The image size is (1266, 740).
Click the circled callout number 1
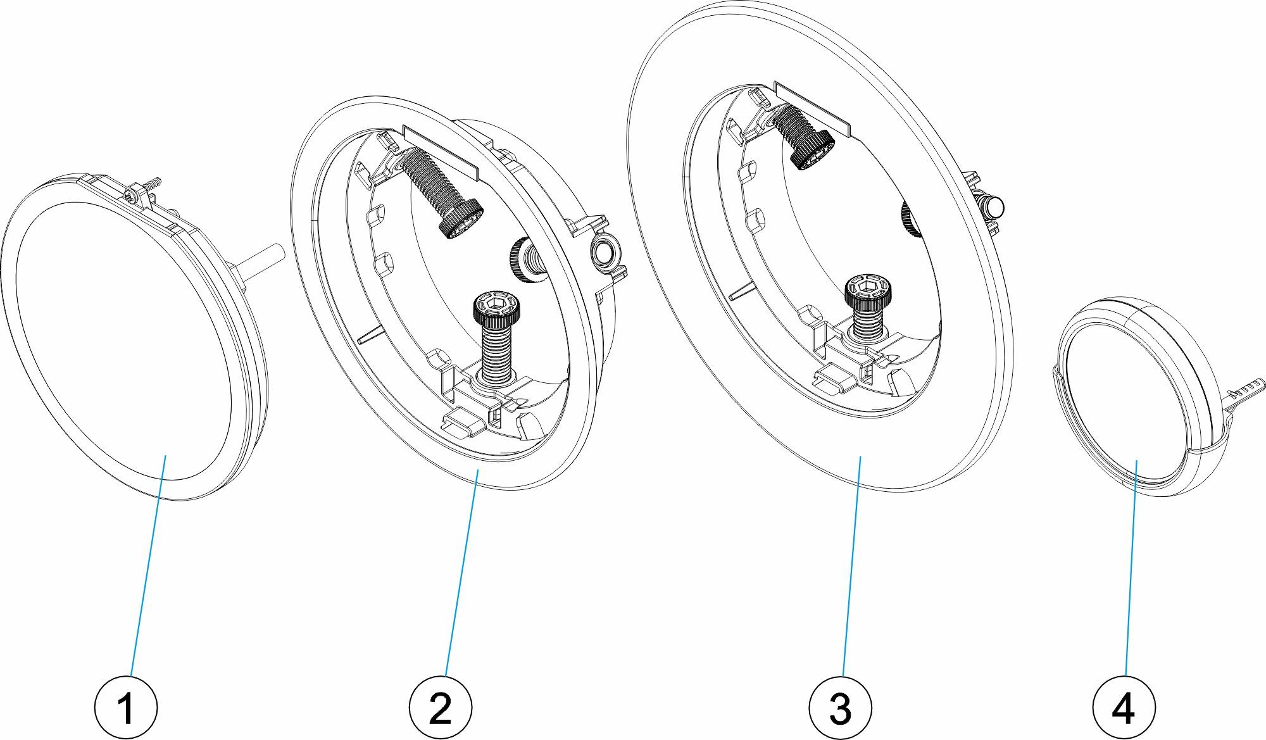click(125, 707)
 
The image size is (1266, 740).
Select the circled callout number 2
click(440, 707)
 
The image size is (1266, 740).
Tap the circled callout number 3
click(840, 707)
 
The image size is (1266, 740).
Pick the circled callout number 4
click(1124, 707)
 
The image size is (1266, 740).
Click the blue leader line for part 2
click(462, 570)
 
